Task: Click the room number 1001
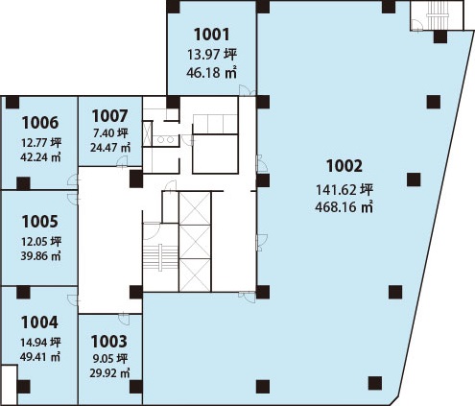point(212,35)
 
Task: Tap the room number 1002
point(344,166)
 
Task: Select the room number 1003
point(109,342)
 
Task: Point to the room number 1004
point(39,322)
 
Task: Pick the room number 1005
point(40,222)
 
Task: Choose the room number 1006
point(40,123)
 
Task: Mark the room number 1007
point(109,116)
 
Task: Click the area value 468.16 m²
point(344,207)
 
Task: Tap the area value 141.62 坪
point(344,190)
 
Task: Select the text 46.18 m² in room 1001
point(211,73)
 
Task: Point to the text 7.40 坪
point(110,132)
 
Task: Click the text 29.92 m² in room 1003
point(109,373)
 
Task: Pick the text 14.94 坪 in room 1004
point(40,343)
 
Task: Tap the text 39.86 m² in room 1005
point(40,256)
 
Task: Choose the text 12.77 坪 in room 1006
point(41,143)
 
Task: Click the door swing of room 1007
point(122,161)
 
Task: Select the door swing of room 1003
point(124,320)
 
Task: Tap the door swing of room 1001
point(245,90)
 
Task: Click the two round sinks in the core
point(165,140)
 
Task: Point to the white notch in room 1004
point(9,385)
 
